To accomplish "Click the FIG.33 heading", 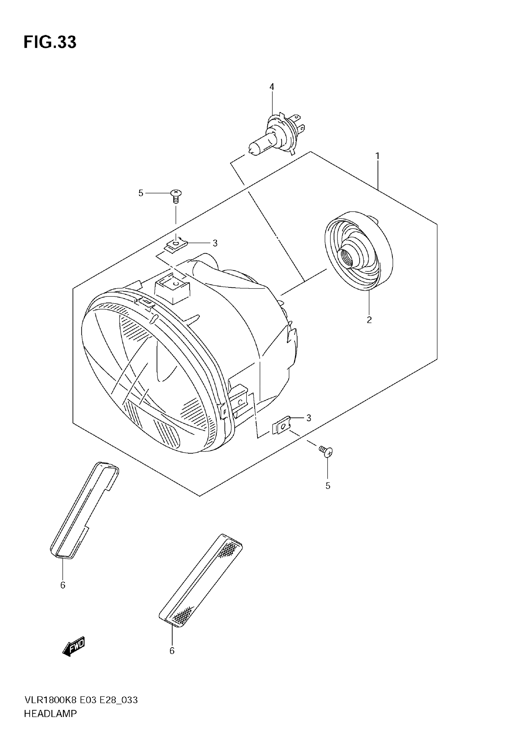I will [x=50, y=42].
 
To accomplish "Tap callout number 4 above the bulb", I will [x=272, y=87].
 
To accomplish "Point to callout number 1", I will [x=378, y=156].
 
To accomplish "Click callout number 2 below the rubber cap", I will [x=369, y=320].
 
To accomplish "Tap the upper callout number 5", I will [x=141, y=193].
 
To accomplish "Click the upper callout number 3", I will [x=215, y=243].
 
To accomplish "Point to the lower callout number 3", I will [x=309, y=418].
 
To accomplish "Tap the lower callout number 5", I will [x=328, y=486].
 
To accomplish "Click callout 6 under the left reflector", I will [x=63, y=585].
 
